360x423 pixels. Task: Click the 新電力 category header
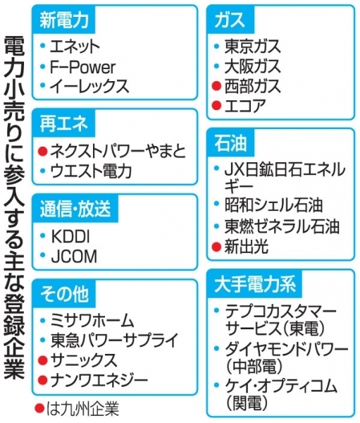coord(64,20)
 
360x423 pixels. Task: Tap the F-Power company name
coord(82,67)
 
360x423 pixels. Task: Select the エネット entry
coord(75,46)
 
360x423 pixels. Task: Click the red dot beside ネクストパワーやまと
coord(42,151)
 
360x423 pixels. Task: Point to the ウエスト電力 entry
coord(91,171)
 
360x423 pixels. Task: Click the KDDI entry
coord(70,236)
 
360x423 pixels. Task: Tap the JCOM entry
coord(74,257)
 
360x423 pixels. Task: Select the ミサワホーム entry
coord(92,321)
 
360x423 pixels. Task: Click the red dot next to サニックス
coord(42,360)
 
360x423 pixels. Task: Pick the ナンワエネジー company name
coord(99,379)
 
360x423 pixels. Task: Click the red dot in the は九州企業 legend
coord(39,408)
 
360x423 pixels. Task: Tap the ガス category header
coord(230,20)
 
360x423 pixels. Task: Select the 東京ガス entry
coord(253,46)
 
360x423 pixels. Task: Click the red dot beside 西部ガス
coord(216,86)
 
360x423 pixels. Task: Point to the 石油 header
coord(230,143)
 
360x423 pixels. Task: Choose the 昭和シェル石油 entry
coord(273,205)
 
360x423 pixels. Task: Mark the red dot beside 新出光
coord(216,247)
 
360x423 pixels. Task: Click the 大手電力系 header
coord(255,284)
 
